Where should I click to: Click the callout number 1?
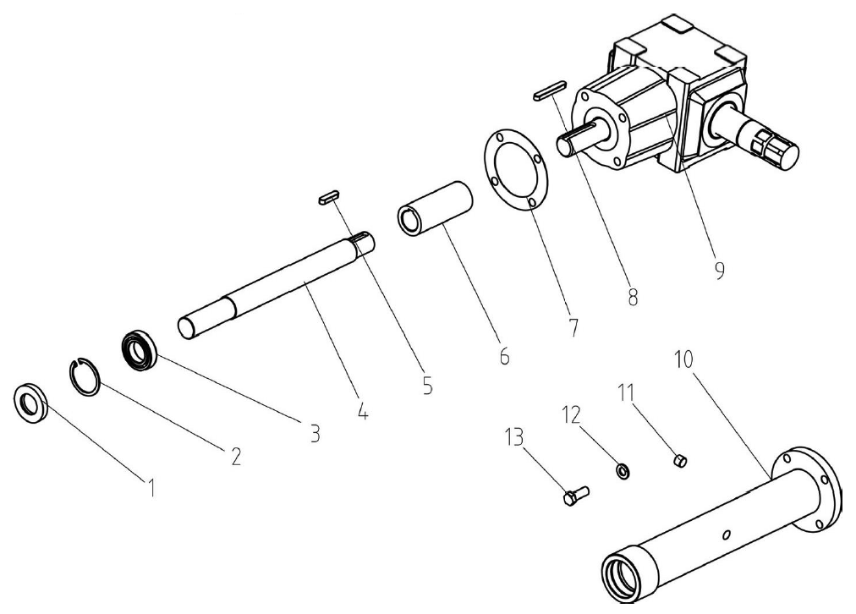point(151,487)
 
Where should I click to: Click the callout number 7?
point(573,327)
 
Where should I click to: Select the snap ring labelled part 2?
point(85,376)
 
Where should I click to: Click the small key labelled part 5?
point(327,198)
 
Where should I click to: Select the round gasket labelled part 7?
point(514,169)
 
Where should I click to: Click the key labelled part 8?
point(550,90)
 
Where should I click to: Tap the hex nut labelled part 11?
point(680,460)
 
